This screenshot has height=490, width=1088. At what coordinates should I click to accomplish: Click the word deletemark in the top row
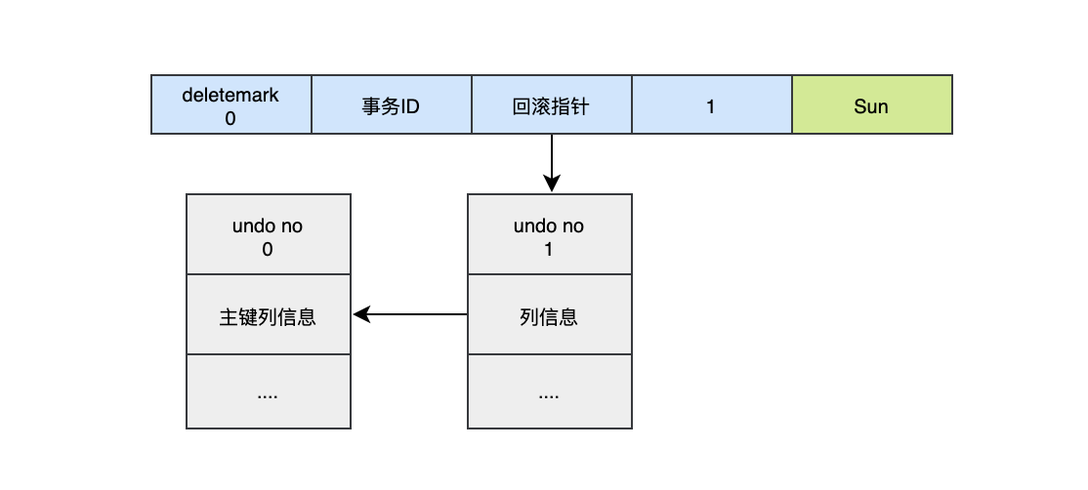coord(230,95)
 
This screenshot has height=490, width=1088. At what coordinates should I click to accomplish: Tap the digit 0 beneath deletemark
coord(230,117)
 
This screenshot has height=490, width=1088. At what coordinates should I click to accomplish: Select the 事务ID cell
coord(391,105)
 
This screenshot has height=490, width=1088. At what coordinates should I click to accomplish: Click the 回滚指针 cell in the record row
coord(551,105)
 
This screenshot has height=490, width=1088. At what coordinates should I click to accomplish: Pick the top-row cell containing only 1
coord(711,105)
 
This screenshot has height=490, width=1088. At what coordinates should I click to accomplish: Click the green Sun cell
coord(871,105)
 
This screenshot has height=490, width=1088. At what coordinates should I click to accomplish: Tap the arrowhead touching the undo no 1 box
coord(552,185)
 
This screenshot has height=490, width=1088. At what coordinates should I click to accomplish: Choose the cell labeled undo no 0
coord(268,236)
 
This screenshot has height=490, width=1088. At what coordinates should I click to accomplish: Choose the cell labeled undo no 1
coord(549,236)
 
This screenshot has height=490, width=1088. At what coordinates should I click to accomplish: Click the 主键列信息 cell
coord(268,316)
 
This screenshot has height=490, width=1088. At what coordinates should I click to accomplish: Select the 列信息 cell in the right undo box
coord(549,316)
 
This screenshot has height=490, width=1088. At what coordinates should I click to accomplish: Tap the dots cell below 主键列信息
coord(268,392)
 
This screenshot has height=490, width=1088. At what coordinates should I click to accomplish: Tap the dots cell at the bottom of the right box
coord(549,392)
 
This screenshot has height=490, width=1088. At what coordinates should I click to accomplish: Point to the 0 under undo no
coord(268,249)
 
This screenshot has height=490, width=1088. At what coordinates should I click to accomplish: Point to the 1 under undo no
coord(549,249)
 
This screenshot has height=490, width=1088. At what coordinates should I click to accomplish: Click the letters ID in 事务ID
coord(408,105)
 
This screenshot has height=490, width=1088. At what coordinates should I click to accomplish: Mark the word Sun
coord(871,105)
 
